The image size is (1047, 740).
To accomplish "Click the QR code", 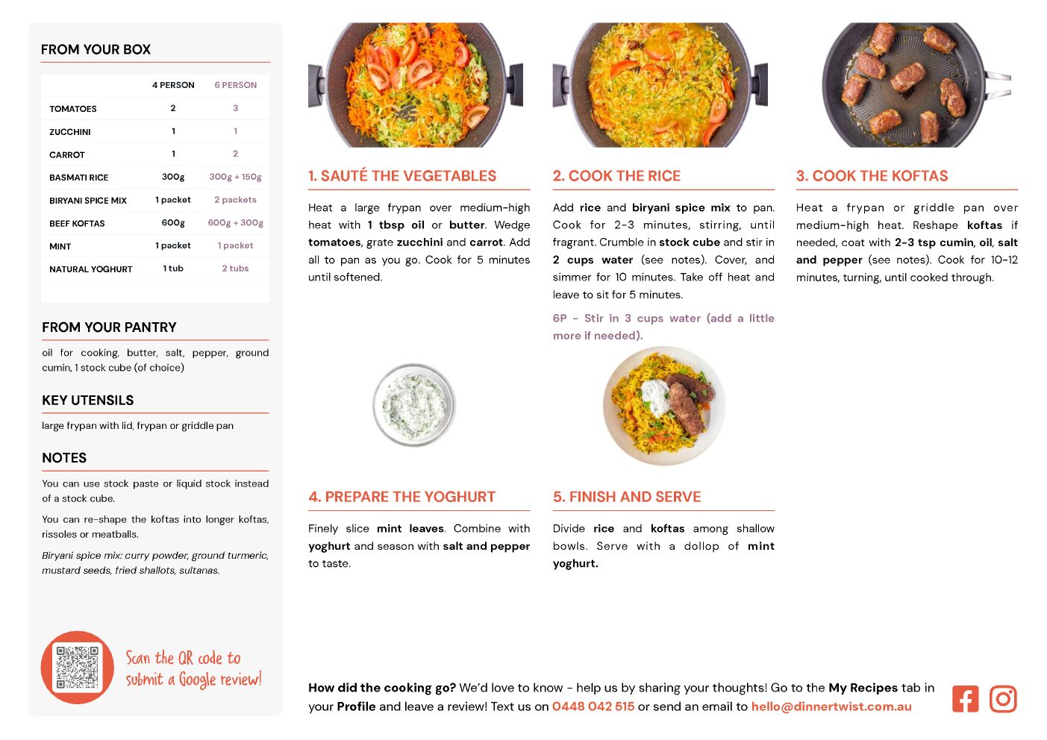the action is click(x=77, y=667).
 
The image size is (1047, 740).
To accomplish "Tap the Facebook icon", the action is click(x=965, y=699).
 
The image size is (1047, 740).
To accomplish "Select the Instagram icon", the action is click(x=1003, y=699).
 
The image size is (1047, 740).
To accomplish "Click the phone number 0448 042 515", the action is click(x=593, y=706).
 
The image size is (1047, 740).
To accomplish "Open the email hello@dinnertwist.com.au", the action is click(x=831, y=706).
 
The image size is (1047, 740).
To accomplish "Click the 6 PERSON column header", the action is click(x=236, y=85).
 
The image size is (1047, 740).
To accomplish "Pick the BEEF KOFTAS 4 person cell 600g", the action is click(x=173, y=223).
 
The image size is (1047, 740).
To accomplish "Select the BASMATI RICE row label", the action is click(x=78, y=178).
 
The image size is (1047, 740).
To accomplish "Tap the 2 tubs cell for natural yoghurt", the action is click(x=235, y=268).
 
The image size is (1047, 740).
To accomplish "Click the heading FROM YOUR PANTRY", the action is click(x=109, y=327).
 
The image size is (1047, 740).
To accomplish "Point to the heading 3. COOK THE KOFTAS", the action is click(x=872, y=175).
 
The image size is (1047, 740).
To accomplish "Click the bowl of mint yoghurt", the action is click(x=414, y=404).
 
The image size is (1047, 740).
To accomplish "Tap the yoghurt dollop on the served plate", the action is click(x=657, y=396).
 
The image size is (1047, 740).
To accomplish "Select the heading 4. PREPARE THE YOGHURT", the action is click(x=401, y=497).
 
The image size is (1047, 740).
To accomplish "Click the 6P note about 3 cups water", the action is click(x=663, y=327).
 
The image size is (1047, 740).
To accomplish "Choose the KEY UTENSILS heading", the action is click(x=87, y=401).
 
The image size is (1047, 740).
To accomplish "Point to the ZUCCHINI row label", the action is click(x=69, y=132).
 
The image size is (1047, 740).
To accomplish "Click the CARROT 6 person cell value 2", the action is click(x=235, y=154).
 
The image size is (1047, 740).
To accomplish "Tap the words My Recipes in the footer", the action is click(x=863, y=688).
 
